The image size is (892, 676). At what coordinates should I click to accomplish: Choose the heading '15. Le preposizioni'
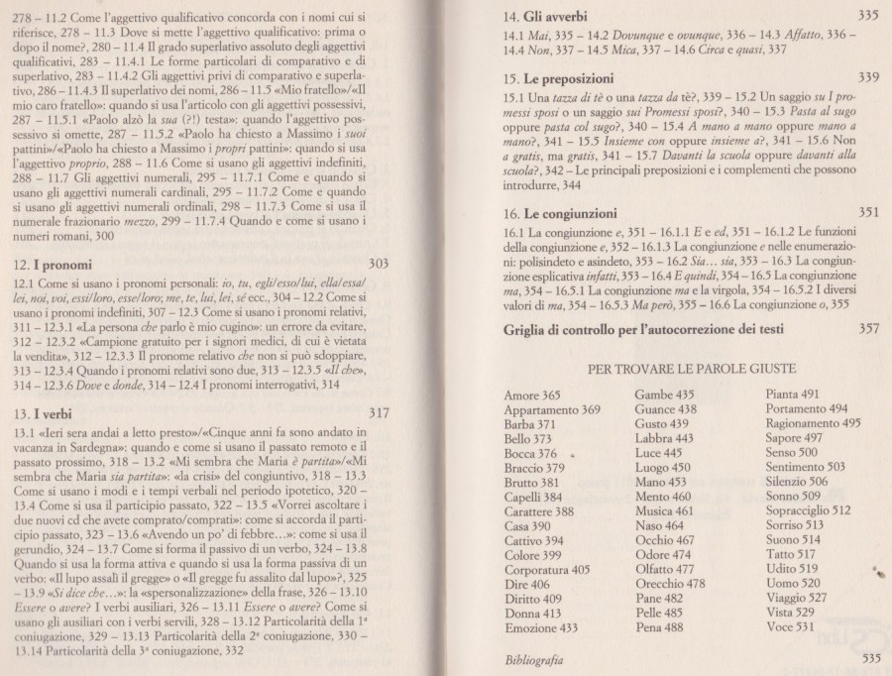pyautogui.click(x=558, y=77)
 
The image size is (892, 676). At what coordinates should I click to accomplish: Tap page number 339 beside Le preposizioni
pyautogui.click(x=868, y=76)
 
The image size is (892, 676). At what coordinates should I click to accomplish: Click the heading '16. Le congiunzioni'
pyautogui.click(x=561, y=212)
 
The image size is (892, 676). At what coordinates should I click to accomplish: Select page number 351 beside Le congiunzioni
pyautogui.click(x=868, y=211)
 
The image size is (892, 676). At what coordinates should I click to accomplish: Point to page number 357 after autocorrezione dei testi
pyautogui.click(x=868, y=328)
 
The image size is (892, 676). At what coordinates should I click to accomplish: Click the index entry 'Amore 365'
pyautogui.click(x=532, y=394)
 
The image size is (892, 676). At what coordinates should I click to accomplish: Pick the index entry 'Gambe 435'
pyautogui.click(x=665, y=394)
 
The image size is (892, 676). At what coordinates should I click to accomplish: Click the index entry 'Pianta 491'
pyautogui.click(x=793, y=394)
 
